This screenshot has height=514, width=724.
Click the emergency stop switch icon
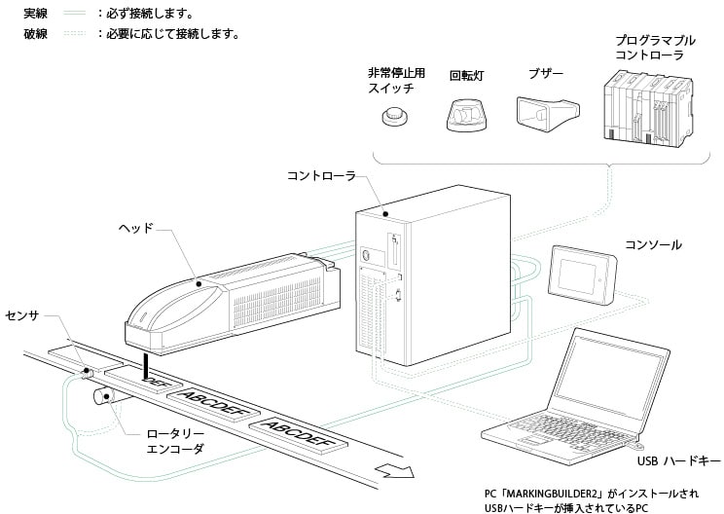pos(393,119)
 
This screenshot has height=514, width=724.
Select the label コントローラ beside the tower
pos(321,176)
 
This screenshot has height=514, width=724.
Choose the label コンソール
pos(653,245)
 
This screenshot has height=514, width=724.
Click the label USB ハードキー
pos(677,459)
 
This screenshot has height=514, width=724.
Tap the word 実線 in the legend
pos(36,15)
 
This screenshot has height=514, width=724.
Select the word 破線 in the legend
pos(36,34)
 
